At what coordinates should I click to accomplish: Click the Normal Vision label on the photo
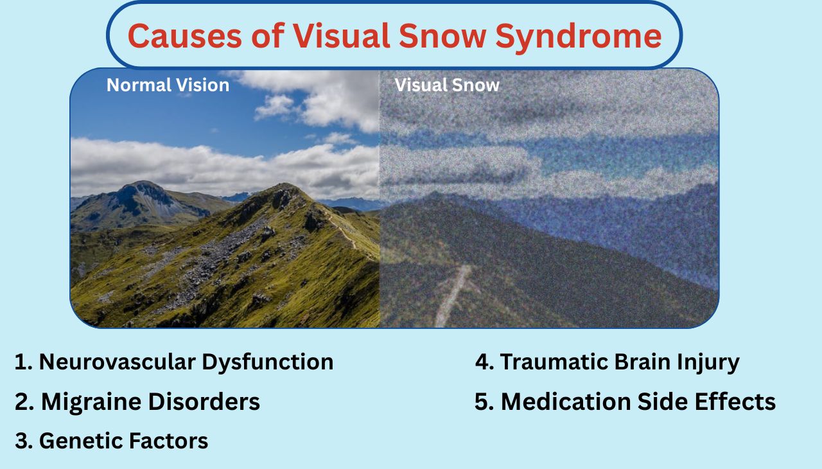point(168,85)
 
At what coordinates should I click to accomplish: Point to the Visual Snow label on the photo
point(447,85)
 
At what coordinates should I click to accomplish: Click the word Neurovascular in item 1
point(118,362)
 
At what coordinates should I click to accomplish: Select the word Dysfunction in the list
point(268,362)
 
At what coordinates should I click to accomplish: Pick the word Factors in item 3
point(168,441)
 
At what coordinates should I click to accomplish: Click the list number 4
point(482,362)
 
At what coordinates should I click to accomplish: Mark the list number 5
point(482,402)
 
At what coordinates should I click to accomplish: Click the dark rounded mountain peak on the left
point(143,193)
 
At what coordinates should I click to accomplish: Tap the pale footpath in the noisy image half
point(452,296)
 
